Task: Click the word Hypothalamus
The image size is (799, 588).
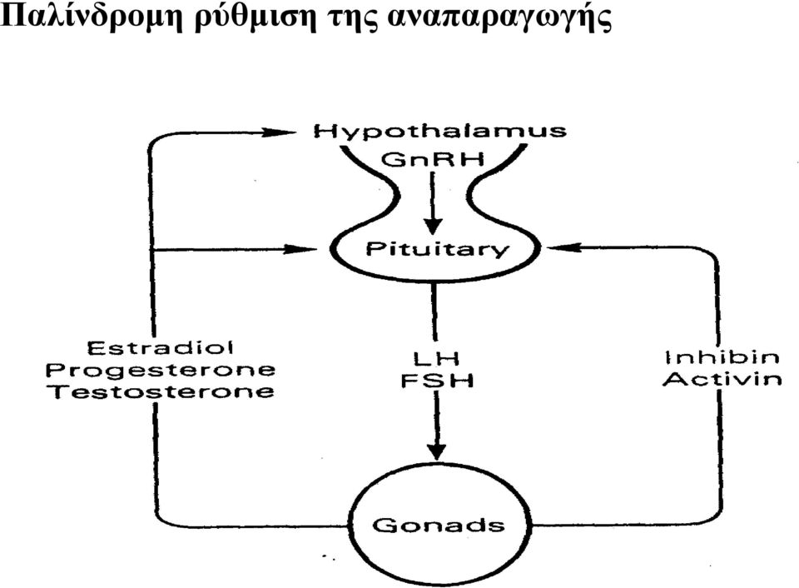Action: pyautogui.click(x=439, y=132)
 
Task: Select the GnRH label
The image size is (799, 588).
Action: pyautogui.click(x=433, y=160)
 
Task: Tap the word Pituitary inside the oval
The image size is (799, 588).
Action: pyautogui.click(x=437, y=249)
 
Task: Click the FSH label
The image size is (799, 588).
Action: pyautogui.click(x=437, y=381)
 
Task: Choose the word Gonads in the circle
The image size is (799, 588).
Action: pyautogui.click(x=439, y=526)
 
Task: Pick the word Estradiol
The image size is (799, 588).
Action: pyautogui.click(x=160, y=348)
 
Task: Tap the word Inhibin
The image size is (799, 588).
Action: pyautogui.click(x=722, y=357)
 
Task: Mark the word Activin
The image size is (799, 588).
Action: pyautogui.click(x=722, y=379)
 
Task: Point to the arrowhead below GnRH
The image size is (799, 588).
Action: pyautogui.click(x=434, y=227)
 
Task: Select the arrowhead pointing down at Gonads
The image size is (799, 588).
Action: pyautogui.click(x=437, y=451)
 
